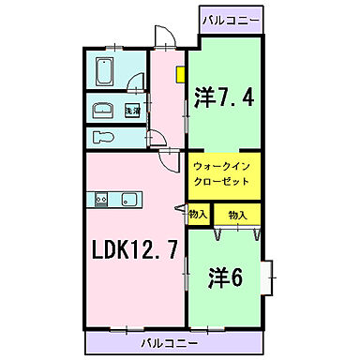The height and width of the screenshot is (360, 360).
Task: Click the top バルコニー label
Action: pos(231,18)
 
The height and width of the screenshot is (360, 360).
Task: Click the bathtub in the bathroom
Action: pos(104,71)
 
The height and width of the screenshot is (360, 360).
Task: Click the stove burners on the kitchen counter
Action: pos(101,198)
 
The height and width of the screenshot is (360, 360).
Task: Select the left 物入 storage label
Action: pos(197,215)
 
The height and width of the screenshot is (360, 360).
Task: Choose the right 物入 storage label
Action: pos(236,215)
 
